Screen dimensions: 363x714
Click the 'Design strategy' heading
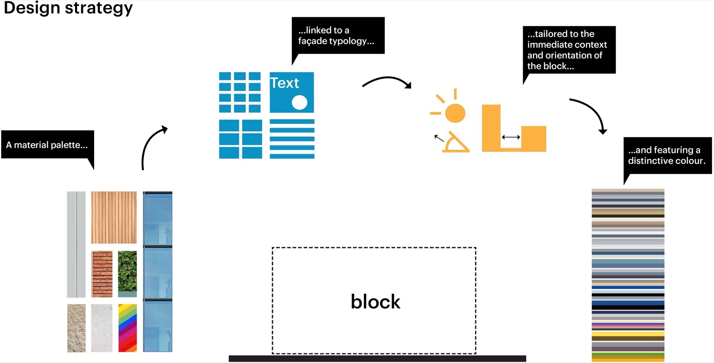pos(68,8)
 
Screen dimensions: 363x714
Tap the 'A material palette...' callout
pos(47,145)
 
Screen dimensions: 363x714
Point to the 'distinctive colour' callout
pos(667,155)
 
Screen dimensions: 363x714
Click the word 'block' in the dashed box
pos(375,302)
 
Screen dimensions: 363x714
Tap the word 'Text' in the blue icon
pos(284,83)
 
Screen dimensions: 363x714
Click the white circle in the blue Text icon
pos(299,102)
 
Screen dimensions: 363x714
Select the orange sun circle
pos(455,113)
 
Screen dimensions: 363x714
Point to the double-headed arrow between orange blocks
pos(511,137)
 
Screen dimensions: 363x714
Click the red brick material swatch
pos(102,274)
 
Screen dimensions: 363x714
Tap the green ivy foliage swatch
pos(127,271)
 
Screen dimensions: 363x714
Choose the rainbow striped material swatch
pos(127,328)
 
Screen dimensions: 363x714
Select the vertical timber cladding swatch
pos(114,217)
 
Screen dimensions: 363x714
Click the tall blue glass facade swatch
pos(157,271)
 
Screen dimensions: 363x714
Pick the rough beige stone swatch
pos(76,328)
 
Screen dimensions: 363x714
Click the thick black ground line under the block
pos(377,358)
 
